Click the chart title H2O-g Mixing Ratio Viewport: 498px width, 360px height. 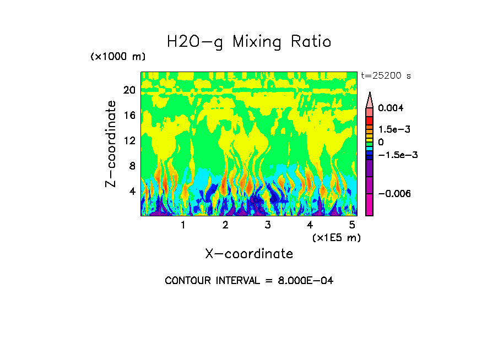(249, 42)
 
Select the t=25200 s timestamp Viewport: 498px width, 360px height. (386, 75)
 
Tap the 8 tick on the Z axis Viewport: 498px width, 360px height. (132, 166)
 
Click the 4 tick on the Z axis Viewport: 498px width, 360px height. (132, 192)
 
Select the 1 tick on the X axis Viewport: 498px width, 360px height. (183, 225)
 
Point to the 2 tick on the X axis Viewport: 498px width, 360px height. (225, 225)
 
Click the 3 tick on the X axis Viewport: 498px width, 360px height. (268, 225)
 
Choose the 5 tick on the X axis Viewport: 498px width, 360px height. (353, 225)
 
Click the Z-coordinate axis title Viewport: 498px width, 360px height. (111, 144)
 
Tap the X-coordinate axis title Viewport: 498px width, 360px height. (249, 254)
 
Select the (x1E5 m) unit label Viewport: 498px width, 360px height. (336, 237)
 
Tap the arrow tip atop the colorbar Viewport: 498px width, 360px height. (370, 94)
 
